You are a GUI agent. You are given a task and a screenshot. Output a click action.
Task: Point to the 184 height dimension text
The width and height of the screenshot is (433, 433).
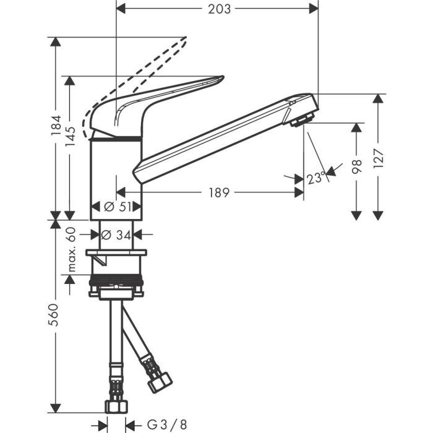(56, 127)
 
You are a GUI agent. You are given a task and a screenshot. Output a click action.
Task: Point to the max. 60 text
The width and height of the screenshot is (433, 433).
(71, 249)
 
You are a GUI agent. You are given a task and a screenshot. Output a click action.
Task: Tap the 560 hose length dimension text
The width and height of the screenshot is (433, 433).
(56, 315)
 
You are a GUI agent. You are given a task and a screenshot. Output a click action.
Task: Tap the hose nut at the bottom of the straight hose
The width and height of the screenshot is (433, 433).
(116, 405)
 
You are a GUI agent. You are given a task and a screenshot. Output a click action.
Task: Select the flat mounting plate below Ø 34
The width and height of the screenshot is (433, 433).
(117, 253)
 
